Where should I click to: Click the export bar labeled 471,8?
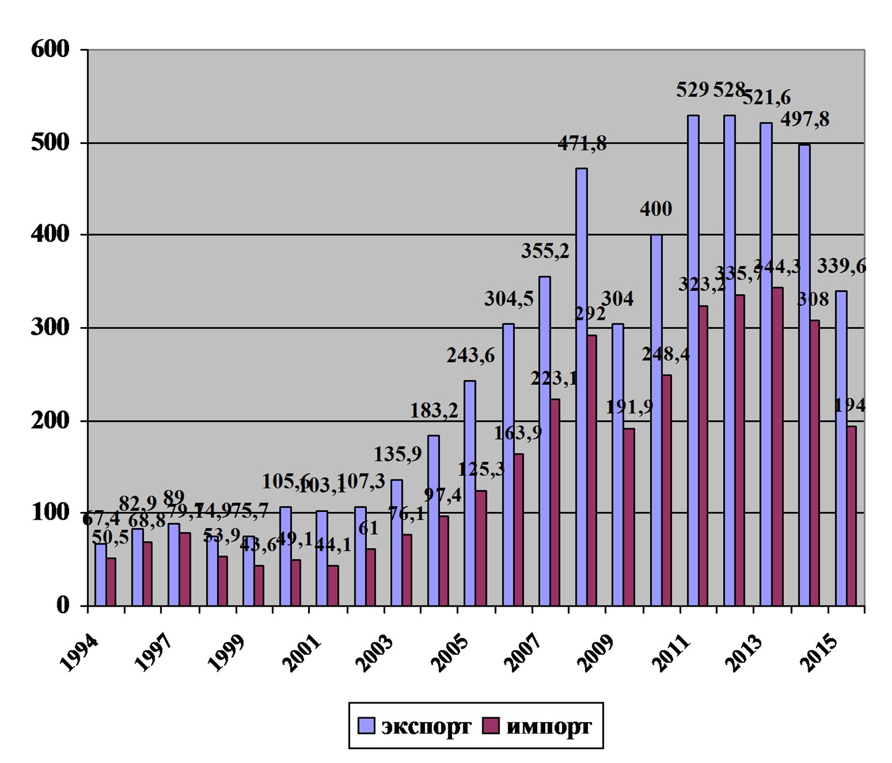[581, 387]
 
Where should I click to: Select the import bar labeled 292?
[591, 470]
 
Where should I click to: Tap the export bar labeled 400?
[656, 419]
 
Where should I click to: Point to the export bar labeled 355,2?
[544, 440]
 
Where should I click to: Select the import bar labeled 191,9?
[629, 516]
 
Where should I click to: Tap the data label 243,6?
[470, 356]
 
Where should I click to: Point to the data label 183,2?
[434, 410]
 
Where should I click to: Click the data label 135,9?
[398, 454]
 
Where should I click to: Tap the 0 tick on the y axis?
[63, 606]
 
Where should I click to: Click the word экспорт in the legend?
[426, 726]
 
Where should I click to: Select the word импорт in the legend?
[548, 726]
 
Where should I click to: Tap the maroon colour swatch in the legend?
[491, 726]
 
